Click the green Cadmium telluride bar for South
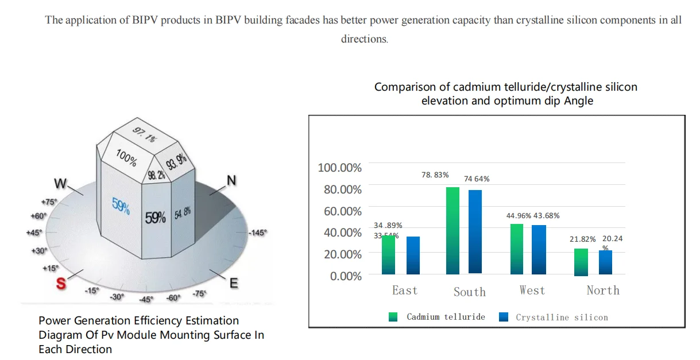click(453, 230)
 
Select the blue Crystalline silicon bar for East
click(413, 255)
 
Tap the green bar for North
click(581, 262)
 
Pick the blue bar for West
click(539, 249)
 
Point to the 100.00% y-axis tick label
click(340, 168)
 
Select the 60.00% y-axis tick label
click(343, 211)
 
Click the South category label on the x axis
click(470, 292)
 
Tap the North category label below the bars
click(603, 291)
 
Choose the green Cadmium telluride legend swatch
click(393, 317)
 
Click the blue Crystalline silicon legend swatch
click(504, 317)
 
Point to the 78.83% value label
click(435, 175)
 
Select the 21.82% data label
click(583, 239)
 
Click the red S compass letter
click(60, 283)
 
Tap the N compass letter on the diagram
click(231, 181)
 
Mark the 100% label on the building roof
click(125, 157)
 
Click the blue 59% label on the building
click(120, 206)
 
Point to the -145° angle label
click(258, 233)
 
